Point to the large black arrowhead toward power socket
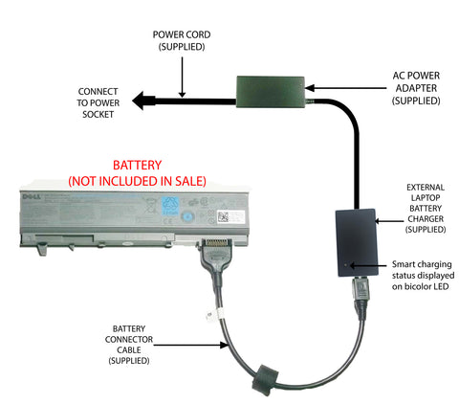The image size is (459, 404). (x=145, y=99)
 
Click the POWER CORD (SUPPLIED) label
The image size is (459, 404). (x=182, y=41)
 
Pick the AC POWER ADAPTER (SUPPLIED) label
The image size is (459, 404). (x=415, y=85)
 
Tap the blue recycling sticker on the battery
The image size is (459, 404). (x=173, y=205)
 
